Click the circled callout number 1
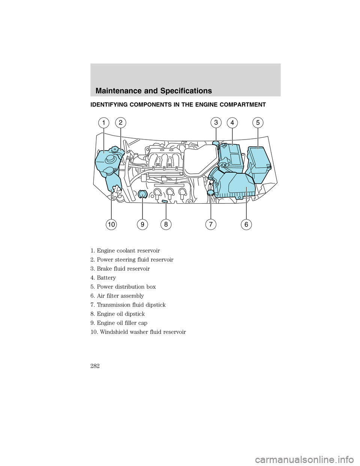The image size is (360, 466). click(104, 123)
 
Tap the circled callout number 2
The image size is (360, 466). click(120, 123)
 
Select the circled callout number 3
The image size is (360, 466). click(216, 122)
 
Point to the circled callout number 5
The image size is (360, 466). click(258, 123)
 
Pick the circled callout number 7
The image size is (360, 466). click(211, 224)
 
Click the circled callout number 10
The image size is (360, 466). click(111, 224)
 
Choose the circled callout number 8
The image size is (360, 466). click(165, 224)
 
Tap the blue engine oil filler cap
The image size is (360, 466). click(142, 194)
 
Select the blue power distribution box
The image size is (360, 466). click(259, 159)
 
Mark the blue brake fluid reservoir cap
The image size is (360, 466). click(216, 143)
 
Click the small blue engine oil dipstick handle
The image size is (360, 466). click(165, 201)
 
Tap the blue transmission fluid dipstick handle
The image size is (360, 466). click(210, 192)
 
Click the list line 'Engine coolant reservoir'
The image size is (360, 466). click(125, 251)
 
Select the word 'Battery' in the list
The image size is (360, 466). click(106, 278)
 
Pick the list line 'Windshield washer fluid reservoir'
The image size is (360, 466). click(138, 332)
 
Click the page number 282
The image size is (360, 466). click(95, 366)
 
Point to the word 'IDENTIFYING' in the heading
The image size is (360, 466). click(110, 105)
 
